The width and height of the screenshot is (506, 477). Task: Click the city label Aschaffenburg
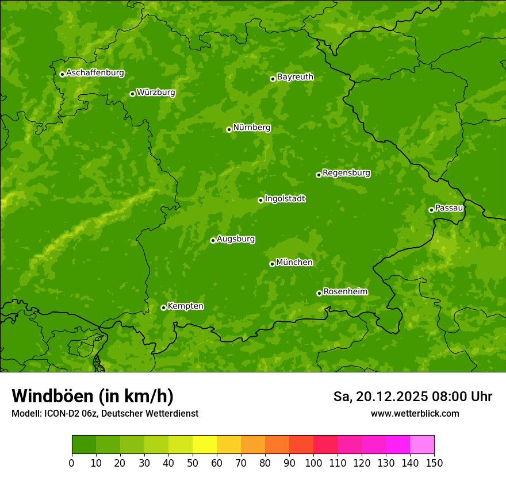point(95,73)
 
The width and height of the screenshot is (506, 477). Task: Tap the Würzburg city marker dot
point(132,94)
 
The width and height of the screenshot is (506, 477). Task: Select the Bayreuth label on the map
point(295,76)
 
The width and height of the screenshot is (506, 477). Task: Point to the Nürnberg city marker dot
point(229,129)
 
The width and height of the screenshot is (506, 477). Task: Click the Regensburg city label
point(346,172)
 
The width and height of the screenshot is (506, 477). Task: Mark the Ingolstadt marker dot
point(260,200)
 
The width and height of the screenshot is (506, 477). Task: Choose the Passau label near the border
point(449,207)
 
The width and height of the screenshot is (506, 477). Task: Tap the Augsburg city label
point(236,238)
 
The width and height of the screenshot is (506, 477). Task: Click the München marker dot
point(272,264)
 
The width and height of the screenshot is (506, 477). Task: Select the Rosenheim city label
point(345,291)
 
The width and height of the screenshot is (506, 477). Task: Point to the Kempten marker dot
point(163,307)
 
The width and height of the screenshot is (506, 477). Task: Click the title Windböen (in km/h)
point(93,396)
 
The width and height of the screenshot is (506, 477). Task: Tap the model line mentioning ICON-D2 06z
point(105,413)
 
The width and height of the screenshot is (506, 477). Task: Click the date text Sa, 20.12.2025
point(379,397)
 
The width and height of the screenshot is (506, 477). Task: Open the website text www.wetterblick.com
point(415,413)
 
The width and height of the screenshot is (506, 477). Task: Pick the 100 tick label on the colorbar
point(313,462)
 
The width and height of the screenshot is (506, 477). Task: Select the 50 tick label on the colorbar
point(193,462)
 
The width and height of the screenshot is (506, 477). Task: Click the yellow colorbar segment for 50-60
point(205,445)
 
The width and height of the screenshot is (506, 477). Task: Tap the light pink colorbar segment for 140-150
point(422,445)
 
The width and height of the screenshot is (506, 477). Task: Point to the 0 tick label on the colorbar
point(72,462)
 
